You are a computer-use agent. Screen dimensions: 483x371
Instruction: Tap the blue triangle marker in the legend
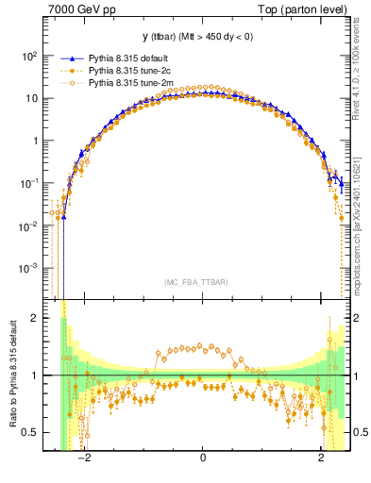coord(65,57)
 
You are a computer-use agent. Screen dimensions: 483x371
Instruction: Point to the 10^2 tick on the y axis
coord(28,56)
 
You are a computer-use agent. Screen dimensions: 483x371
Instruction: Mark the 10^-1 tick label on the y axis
coord(28,183)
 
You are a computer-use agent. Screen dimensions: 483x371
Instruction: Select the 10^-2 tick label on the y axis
coord(28,225)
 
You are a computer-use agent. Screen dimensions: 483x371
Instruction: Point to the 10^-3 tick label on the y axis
coord(28,268)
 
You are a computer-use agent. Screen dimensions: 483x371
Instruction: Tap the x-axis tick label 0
coord(203,458)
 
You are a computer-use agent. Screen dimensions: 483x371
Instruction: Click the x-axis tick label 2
coord(322,458)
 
